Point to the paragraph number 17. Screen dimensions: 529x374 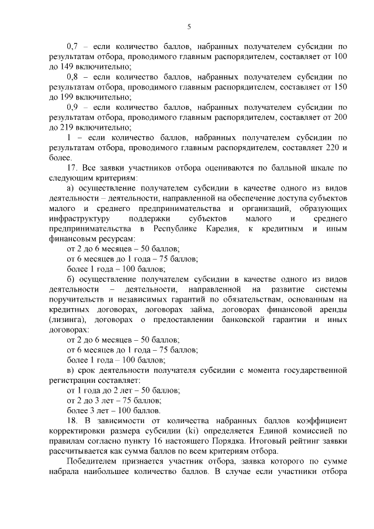click(73, 168)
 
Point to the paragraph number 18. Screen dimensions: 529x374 click(73, 421)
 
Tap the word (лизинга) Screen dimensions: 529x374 click(67, 320)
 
